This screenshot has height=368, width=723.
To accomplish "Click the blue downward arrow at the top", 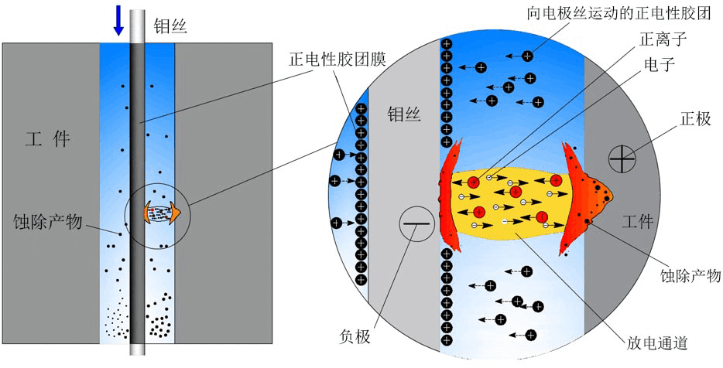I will tap(118, 20).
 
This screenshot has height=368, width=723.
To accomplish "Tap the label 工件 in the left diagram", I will tap(47, 139).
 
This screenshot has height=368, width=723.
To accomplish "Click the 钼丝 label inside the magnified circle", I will tap(403, 115).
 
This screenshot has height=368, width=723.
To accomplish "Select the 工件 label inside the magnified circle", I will tap(639, 223).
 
